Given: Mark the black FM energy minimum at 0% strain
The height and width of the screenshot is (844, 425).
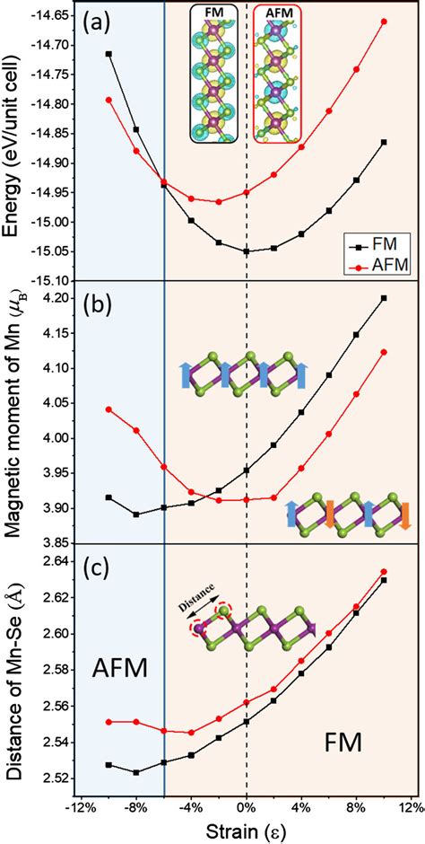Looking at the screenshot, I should point(247,251).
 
